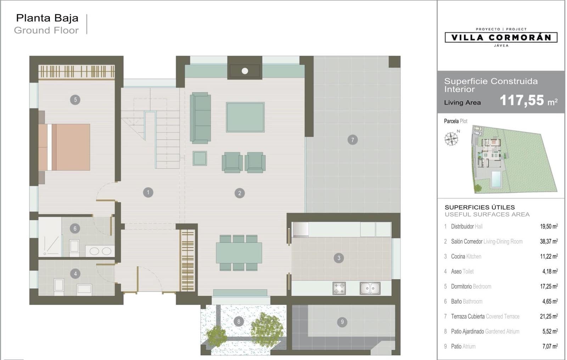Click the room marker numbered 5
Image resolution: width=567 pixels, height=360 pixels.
click(75, 100)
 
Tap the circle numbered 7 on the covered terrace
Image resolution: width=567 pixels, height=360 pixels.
click(353, 140)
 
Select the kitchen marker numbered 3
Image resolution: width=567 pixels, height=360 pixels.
click(339, 258)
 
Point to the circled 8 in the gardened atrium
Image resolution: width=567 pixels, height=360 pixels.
click(239, 322)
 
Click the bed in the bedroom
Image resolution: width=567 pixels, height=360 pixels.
click(64, 147)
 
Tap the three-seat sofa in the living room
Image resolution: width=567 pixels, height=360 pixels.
click(200, 118)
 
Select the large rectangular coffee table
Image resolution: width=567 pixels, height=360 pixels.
click(245, 117)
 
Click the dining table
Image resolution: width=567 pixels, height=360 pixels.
click(239, 253)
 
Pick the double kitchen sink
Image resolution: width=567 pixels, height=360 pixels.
click(370, 288)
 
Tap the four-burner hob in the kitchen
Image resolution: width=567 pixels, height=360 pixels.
click(339, 288)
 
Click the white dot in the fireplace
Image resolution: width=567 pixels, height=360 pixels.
click(245, 71)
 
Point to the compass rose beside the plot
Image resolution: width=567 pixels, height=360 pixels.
click(451, 139)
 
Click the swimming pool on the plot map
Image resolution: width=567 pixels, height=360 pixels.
click(496, 179)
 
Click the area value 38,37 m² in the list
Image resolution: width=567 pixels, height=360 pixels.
click(549, 241)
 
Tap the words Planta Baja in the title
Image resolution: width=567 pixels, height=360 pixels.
click(47, 18)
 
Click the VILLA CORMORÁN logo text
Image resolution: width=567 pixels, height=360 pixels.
click(501, 38)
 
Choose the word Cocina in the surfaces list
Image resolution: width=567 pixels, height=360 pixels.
click(458, 256)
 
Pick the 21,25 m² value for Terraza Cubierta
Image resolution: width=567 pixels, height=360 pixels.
click(549, 316)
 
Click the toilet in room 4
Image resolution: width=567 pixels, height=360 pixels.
click(59, 287)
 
